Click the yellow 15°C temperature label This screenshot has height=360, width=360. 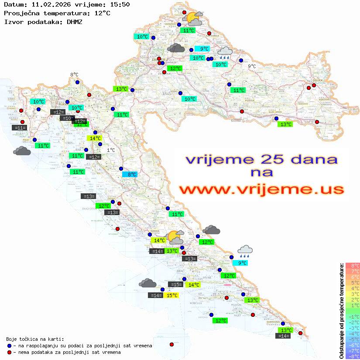[172, 295]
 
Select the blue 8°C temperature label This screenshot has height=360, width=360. [130, 175]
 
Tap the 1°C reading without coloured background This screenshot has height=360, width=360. [111, 150]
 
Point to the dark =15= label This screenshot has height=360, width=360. [175, 285]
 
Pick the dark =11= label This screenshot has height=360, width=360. [20, 128]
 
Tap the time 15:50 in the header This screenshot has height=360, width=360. [119, 4]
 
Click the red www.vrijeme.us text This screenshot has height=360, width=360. [261, 189]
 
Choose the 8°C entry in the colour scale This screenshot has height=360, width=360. [353, 265]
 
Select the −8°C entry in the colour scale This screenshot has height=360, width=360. [353, 356]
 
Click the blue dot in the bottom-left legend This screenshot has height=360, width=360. [10, 346]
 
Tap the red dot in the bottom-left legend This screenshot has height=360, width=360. [10, 352]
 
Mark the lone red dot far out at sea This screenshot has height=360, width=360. [171, 345]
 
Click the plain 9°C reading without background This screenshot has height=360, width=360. [252, 66]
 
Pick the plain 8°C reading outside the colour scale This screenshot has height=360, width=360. [74, 75]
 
